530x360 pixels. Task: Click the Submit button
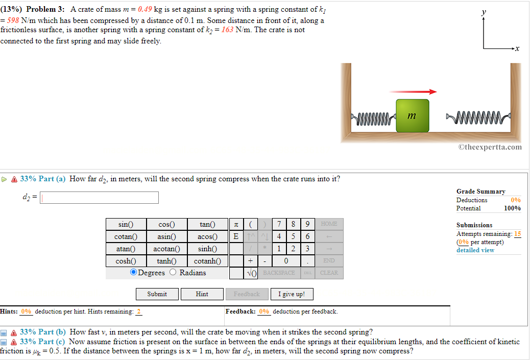(157, 294)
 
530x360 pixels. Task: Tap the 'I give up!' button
(292, 294)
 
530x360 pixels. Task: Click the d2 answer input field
(100, 198)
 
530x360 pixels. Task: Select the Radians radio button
(173, 273)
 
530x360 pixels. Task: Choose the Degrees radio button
(134, 273)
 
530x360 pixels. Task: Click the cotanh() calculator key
(207, 261)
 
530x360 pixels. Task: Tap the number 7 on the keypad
(279, 224)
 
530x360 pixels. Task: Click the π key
(235, 224)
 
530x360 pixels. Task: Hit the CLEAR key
(329, 273)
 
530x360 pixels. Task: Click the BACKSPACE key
(279, 273)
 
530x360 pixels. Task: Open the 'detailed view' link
(475, 250)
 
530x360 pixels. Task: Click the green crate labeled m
(412, 116)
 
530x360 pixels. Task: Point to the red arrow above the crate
(413, 92)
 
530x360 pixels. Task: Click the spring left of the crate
(373, 118)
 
